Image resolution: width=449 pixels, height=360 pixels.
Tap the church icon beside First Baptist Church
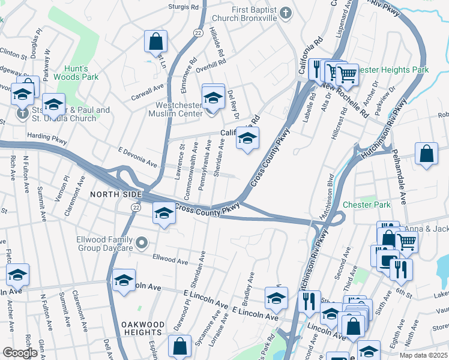coord(286,11)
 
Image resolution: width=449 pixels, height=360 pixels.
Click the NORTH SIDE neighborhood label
coord(116,194)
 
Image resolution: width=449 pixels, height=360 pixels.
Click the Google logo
coord(19,353)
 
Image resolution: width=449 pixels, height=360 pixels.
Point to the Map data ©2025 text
coord(420,355)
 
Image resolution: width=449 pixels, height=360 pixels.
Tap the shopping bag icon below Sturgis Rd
coord(155,42)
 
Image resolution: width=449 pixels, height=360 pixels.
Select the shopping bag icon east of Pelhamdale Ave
coord(426,154)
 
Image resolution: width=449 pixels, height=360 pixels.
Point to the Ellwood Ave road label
coord(170,260)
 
